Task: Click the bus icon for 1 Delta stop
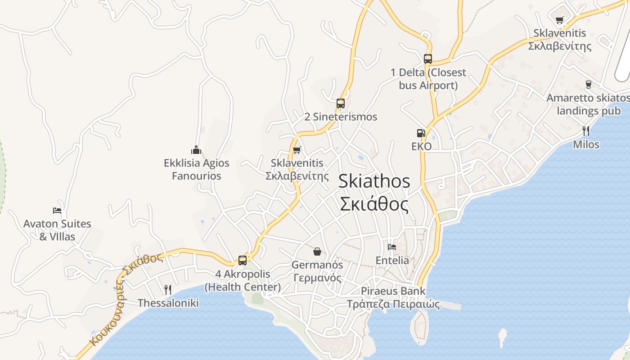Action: [427, 58]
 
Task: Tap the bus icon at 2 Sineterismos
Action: [340, 103]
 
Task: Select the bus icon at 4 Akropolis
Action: [242, 260]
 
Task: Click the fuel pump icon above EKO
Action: [421, 133]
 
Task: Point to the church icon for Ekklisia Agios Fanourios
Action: [196, 149]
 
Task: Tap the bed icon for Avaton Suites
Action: [57, 210]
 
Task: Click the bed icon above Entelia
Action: [392, 247]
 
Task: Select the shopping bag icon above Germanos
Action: [317, 251]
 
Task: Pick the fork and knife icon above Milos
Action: [585, 131]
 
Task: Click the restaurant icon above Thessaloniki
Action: [168, 289]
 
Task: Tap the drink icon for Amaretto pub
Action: [588, 84]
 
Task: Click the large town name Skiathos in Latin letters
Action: [374, 181]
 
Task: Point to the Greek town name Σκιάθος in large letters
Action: [374, 204]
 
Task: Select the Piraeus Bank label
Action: [393, 291]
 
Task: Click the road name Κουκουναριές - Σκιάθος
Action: [126, 299]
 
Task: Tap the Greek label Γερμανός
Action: [317, 278]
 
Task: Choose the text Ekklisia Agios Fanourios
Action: [197, 169]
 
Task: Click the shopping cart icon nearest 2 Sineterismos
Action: [297, 150]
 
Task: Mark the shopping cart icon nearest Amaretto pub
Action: [559, 20]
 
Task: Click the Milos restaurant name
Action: [586, 144]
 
